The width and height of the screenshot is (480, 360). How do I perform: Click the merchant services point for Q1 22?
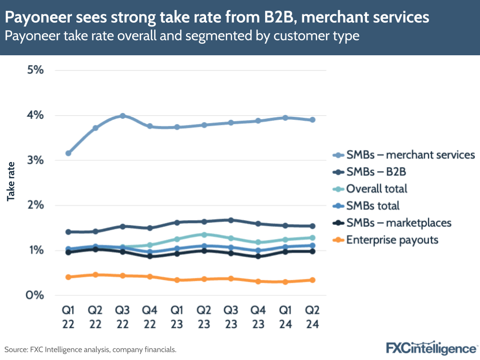68,153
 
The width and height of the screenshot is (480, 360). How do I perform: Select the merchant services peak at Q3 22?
123,116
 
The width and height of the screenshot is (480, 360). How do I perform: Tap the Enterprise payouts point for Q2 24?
312,280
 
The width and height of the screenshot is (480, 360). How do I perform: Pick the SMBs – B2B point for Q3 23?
231,220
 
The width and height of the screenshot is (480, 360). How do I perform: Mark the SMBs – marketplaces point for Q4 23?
258,256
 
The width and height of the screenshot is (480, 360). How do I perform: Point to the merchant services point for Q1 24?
285,117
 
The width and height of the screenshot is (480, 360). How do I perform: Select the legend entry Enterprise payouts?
392,239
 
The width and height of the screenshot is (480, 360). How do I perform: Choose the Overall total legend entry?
376,188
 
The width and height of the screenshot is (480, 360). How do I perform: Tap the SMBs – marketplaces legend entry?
398,223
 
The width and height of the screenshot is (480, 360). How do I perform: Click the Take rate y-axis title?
11,181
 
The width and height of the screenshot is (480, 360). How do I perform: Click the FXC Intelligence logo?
431,347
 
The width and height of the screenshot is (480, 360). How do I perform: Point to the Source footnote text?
91,349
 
